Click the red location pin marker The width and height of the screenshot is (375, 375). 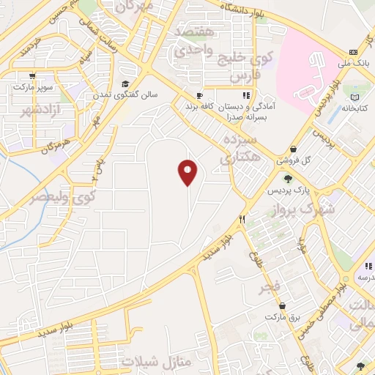(187, 172)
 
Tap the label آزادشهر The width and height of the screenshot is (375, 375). (28, 111)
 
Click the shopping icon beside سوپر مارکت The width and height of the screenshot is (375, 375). (31, 75)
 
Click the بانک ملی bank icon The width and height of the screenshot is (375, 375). (353, 53)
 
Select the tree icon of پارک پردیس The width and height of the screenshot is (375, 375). (287, 178)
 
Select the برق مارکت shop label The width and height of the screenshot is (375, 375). (283, 317)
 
